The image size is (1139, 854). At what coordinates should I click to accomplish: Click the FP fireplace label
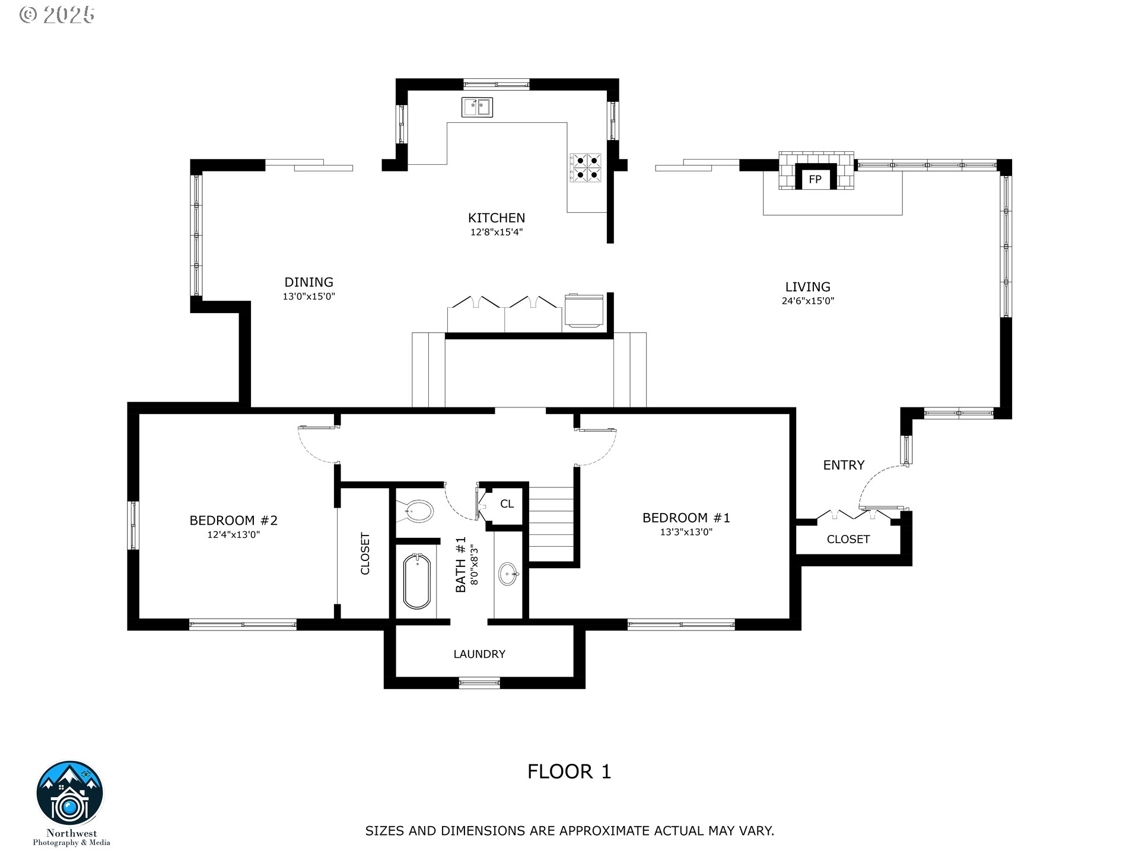(x=815, y=179)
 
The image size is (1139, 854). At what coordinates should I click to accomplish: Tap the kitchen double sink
(x=477, y=107)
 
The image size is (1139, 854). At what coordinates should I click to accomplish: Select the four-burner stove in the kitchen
(x=586, y=167)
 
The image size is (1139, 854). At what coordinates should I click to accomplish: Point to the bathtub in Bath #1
(x=417, y=582)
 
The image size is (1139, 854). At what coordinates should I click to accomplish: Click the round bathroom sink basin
(x=508, y=573)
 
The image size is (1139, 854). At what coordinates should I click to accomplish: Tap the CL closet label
(x=507, y=504)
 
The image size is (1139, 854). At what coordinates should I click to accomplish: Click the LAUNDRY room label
(x=479, y=654)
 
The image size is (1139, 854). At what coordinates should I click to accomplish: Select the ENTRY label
(x=844, y=465)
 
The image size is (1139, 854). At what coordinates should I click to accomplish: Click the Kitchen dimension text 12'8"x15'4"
(x=497, y=232)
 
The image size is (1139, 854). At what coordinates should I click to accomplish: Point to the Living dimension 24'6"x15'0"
(x=807, y=301)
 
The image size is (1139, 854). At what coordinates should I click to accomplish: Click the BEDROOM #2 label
(x=233, y=520)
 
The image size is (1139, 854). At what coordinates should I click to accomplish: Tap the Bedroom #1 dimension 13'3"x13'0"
(x=686, y=532)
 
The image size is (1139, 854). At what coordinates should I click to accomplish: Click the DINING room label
(x=308, y=282)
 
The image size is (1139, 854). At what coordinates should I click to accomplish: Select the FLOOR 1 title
(x=569, y=772)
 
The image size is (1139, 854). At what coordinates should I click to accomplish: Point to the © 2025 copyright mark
(x=57, y=15)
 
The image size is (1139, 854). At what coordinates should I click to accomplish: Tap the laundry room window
(x=480, y=683)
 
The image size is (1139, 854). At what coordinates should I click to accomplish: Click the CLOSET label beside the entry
(x=848, y=539)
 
